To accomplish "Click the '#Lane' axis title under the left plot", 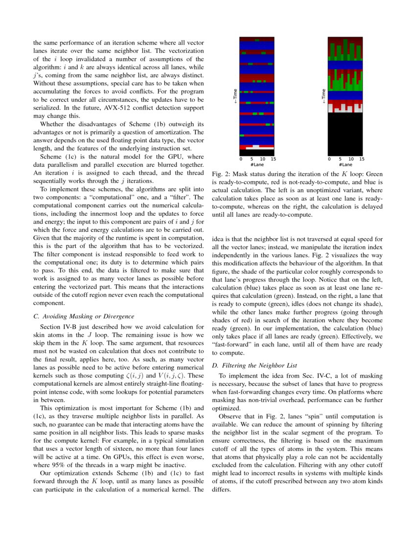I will tap(256, 165).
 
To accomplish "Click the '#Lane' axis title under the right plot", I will tap(345, 165).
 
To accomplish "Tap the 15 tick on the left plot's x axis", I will tap(273, 159).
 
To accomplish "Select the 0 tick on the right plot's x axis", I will tap(329, 159).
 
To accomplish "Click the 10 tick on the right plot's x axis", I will tap(351, 159).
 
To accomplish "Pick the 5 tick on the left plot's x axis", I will tap(252, 159).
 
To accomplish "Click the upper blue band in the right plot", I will tap(345, 64).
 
